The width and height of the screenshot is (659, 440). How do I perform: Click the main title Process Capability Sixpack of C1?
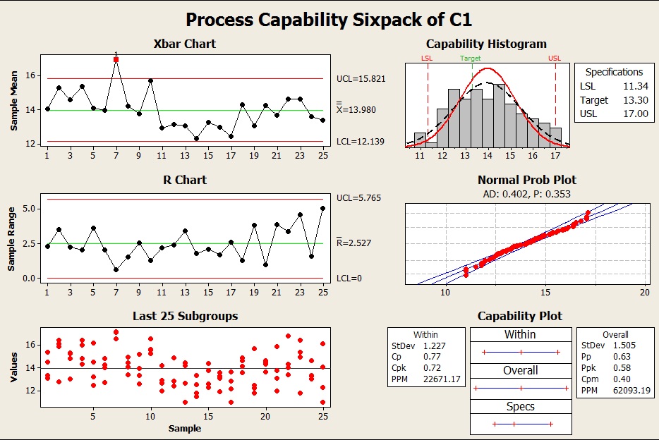(x=329, y=19)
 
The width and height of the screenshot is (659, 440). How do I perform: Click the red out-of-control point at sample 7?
(x=116, y=60)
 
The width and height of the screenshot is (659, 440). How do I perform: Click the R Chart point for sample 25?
(x=322, y=208)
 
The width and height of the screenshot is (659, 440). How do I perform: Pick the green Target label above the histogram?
(x=471, y=59)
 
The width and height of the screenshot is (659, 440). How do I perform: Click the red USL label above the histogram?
(x=555, y=59)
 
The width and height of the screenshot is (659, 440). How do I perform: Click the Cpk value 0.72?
(x=432, y=368)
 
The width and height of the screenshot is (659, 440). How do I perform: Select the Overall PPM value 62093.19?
(x=631, y=390)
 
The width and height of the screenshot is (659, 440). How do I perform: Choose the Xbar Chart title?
(x=184, y=44)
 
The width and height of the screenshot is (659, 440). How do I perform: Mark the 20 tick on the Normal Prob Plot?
(x=644, y=292)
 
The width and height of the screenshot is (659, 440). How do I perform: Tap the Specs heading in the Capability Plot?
(x=520, y=406)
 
